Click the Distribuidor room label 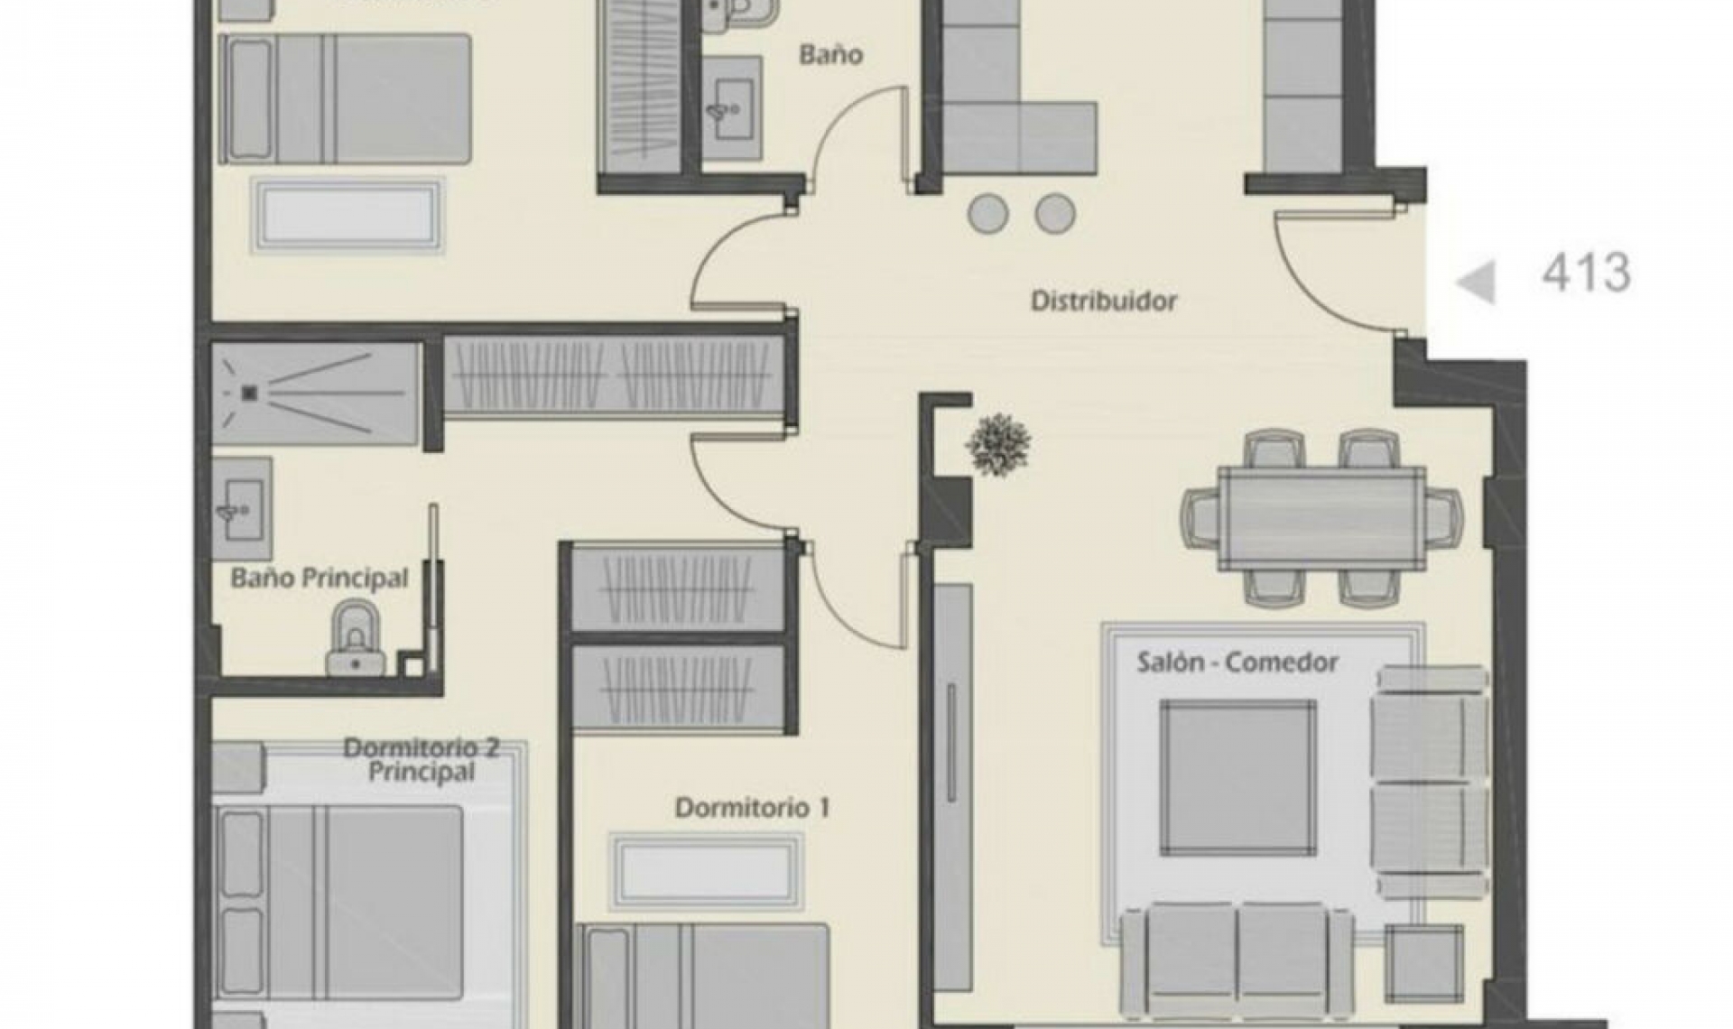click(x=1104, y=301)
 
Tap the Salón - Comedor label click(x=1237, y=663)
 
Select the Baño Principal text click(x=319, y=578)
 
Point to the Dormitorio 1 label click(x=752, y=807)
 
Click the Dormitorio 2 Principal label click(x=422, y=759)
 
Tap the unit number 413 click(x=1586, y=273)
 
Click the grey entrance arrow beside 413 click(x=1477, y=282)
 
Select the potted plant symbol click(x=998, y=444)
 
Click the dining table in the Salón click(x=1321, y=519)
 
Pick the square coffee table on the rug click(x=1237, y=777)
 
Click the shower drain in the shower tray click(x=250, y=393)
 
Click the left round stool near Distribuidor click(x=987, y=214)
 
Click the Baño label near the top click(x=830, y=55)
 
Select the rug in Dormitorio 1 click(x=705, y=871)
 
